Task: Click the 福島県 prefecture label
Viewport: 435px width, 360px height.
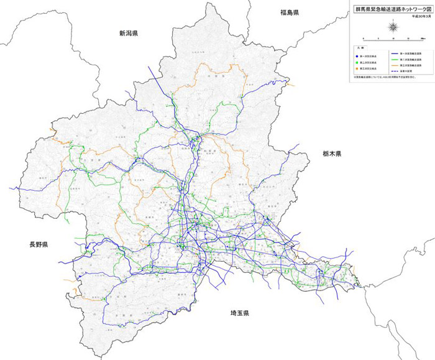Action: coord(290,12)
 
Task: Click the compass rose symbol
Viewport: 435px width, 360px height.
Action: coord(393,26)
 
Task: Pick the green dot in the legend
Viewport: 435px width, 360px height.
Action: coord(357,62)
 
